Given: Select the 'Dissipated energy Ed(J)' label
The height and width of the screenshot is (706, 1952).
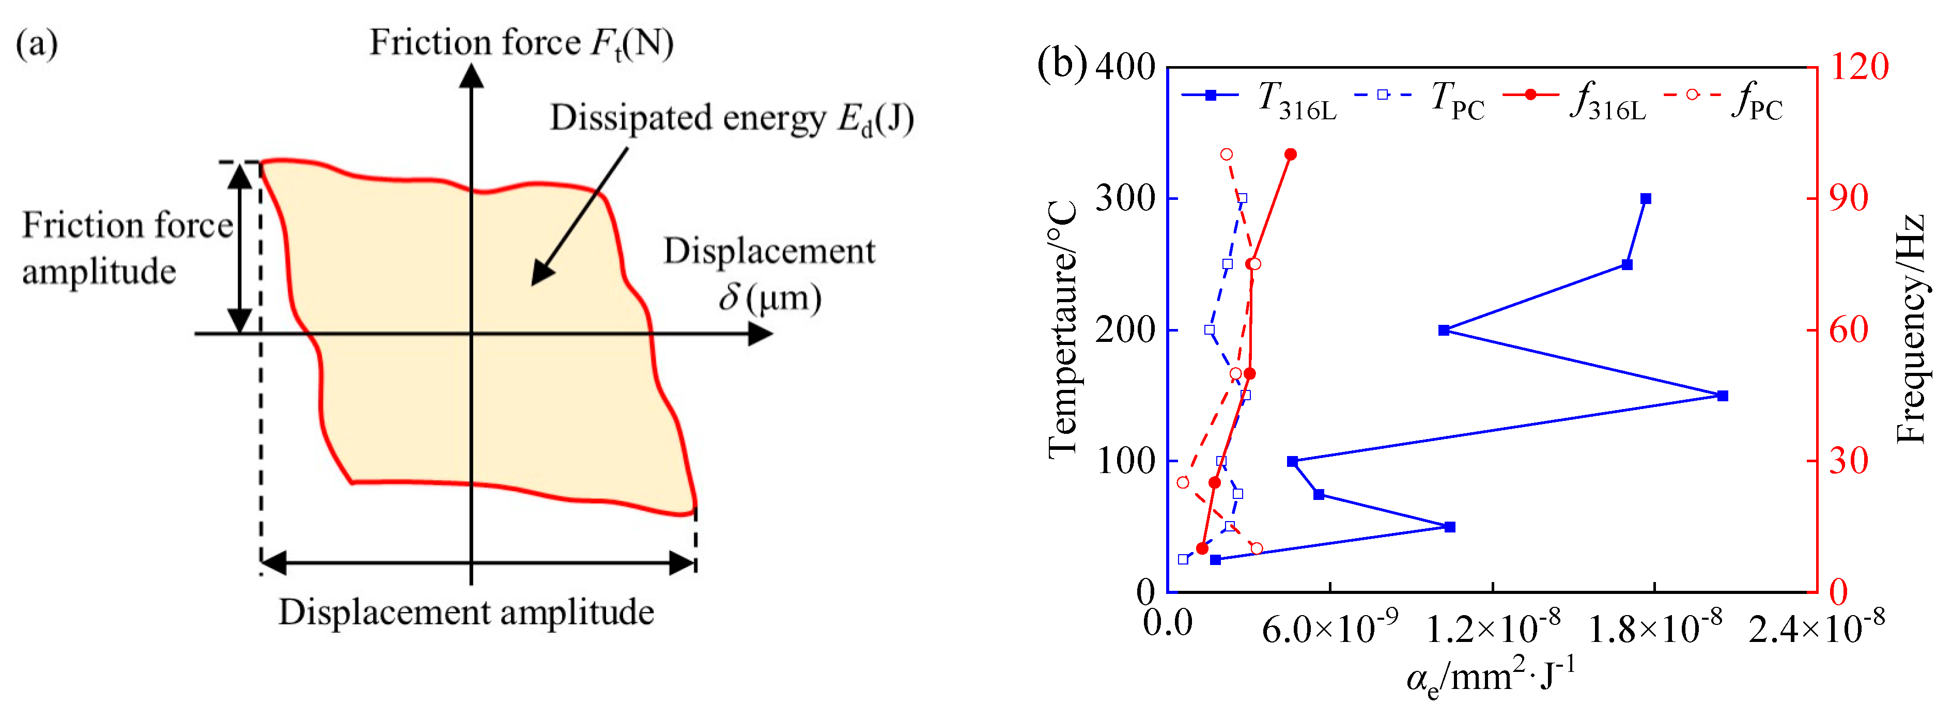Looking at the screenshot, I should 731,118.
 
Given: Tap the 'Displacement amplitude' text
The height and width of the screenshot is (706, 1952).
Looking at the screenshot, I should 466,612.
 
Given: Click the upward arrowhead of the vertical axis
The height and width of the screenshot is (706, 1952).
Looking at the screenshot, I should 471,76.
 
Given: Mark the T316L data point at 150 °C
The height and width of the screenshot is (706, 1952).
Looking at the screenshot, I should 1723,396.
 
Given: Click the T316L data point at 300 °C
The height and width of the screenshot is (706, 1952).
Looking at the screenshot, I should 1646,198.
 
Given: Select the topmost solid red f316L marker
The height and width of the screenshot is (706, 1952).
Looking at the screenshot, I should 1291,154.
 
